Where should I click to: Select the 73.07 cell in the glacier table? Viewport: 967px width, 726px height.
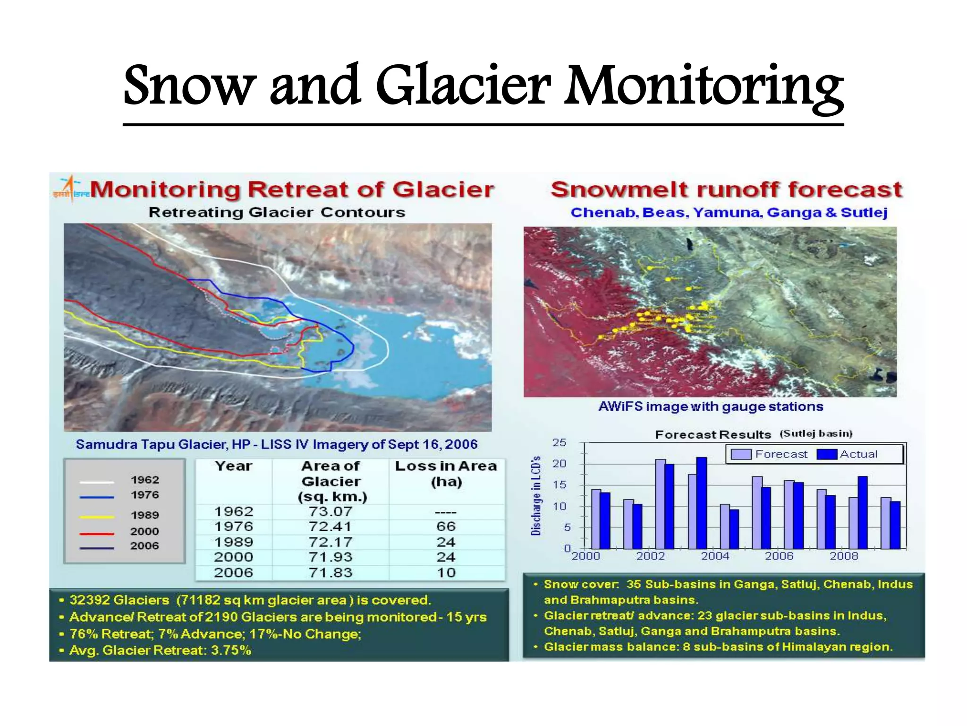tap(331, 511)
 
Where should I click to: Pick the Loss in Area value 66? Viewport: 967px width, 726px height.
tap(446, 527)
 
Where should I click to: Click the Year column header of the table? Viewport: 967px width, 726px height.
tap(233, 466)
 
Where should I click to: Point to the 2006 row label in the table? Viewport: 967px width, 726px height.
tap(233, 573)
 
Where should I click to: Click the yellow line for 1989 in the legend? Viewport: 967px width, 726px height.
tap(97, 517)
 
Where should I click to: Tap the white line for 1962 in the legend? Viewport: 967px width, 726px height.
tap(97, 482)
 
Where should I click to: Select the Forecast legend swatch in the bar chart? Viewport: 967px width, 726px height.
tap(741, 454)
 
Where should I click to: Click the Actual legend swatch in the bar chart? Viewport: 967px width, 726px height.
tap(827, 454)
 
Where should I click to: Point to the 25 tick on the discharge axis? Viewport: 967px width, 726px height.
tap(559, 443)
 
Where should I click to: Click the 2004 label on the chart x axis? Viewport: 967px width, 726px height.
tap(715, 556)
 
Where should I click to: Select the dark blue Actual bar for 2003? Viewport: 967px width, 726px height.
tap(702, 503)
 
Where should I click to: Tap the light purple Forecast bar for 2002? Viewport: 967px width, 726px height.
tap(660, 504)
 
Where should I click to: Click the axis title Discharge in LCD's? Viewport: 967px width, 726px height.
tap(535, 496)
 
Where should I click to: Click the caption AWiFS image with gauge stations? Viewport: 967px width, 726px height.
tap(711, 407)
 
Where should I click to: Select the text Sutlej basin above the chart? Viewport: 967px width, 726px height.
tap(816, 434)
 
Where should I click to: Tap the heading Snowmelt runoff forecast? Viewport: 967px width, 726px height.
tap(726, 190)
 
